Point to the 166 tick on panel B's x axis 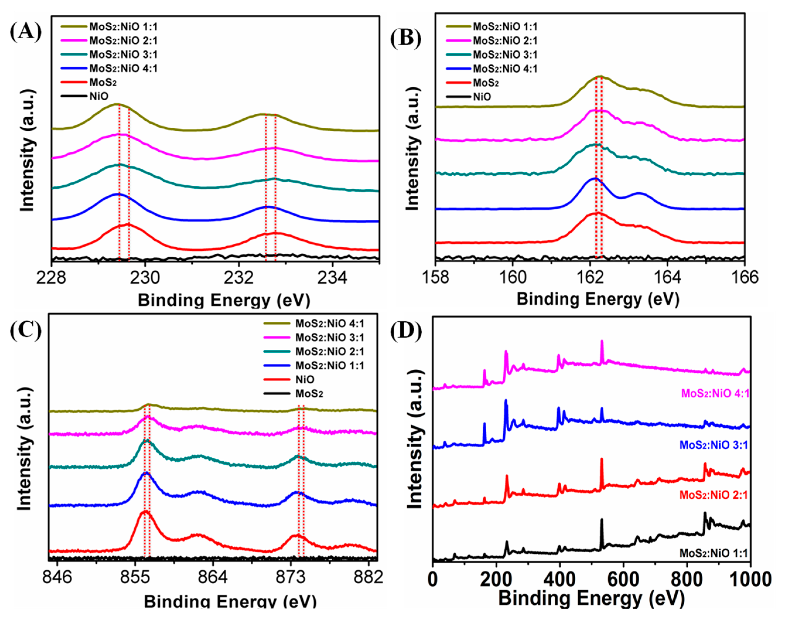(744, 277)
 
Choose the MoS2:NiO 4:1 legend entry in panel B (505, 69)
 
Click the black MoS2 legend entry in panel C (309, 393)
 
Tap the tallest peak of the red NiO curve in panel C (145, 512)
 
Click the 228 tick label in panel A (51, 278)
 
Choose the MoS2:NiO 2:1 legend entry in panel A (123, 40)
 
